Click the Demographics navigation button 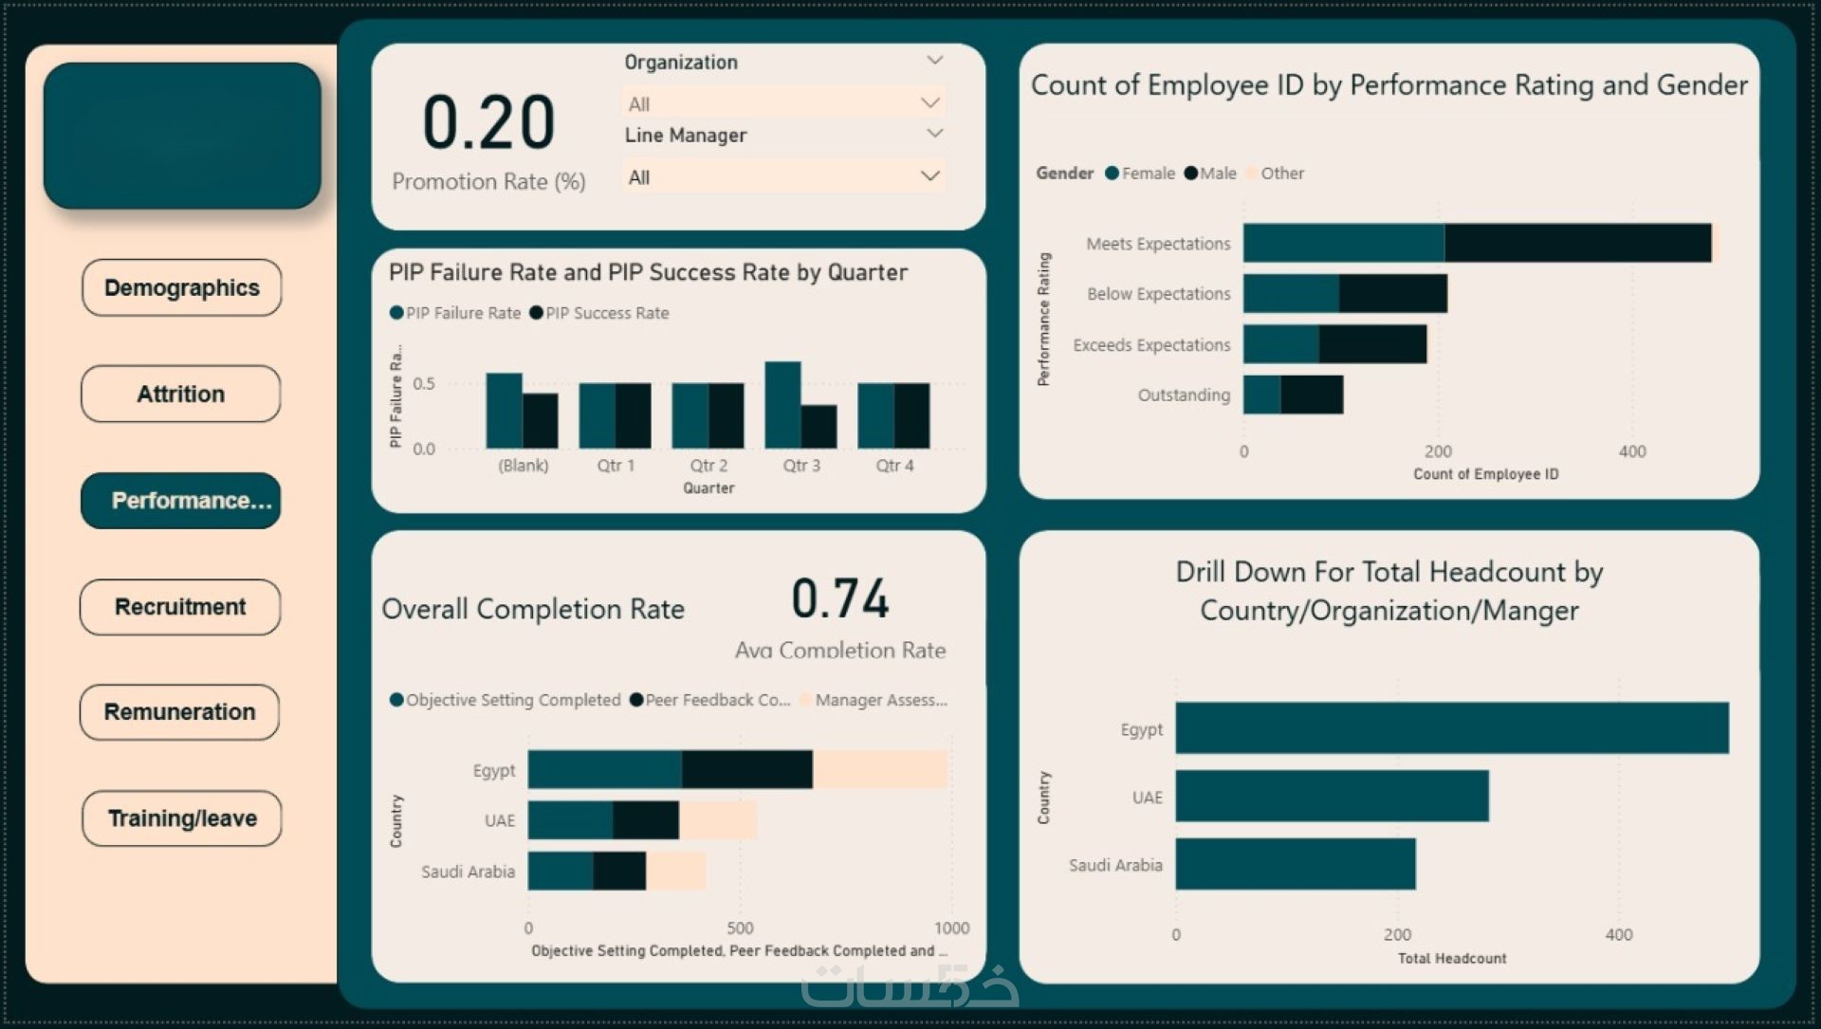click(x=181, y=287)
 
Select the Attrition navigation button click(x=180, y=394)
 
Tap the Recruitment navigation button click(x=180, y=607)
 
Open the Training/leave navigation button click(x=181, y=818)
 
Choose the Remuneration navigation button click(x=179, y=712)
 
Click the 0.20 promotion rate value click(x=488, y=123)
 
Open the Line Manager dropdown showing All click(x=783, y=177)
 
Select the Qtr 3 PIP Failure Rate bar click(x=782, y=405)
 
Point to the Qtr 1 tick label click(x=616, y=466)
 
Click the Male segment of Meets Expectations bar click(x=1576, y=243)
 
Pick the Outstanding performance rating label click(x=1184, y=395)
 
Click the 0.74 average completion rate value click(x=840, y=599)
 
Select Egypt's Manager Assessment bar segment click(x=879, y=769)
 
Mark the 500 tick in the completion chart click(x=740, y=928)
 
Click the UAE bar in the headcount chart click(x=1332, y=796)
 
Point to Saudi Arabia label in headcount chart click(x=1115, y=865)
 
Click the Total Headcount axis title click(x=1451, y=959)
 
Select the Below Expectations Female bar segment click(x=1291, y=294)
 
